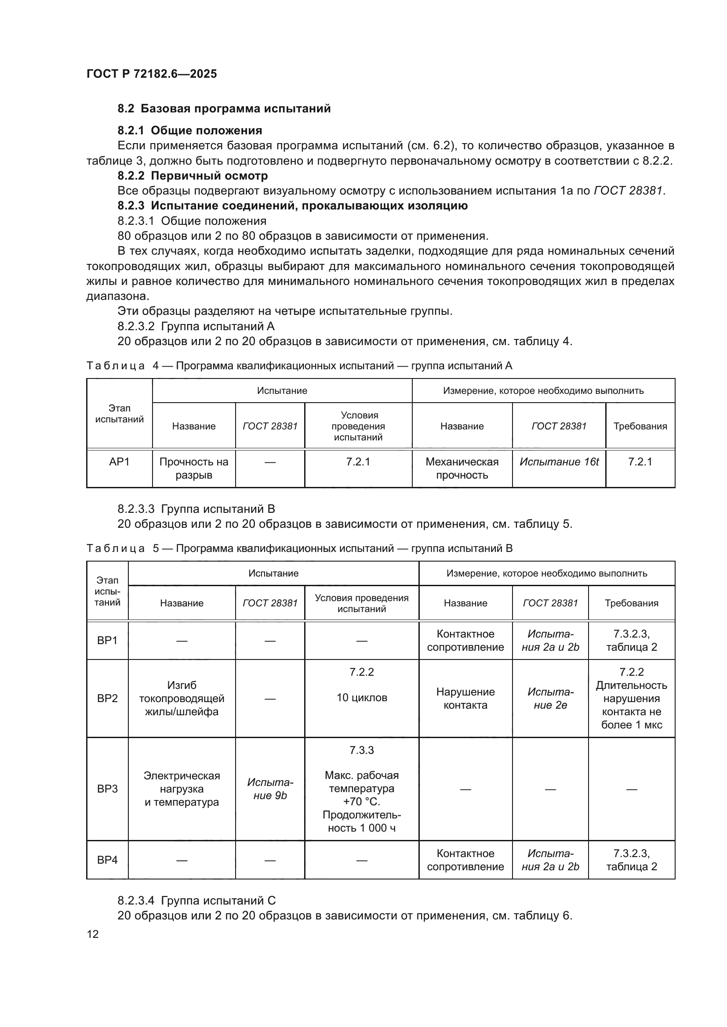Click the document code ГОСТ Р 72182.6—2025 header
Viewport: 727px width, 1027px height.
[x=151, y=74]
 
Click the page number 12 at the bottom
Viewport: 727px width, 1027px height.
[x=93, y=934]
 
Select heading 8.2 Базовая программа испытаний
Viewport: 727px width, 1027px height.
[x=224, y=109]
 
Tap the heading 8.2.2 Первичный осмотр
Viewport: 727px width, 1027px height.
[x=193, y=176]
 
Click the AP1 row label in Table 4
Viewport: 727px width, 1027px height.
[x=119, y=461]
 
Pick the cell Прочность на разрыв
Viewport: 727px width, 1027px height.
[x=193, y=468]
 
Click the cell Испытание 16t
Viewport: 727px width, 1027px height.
[x=559, y=461]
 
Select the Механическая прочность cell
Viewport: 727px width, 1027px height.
[x=462, y=468]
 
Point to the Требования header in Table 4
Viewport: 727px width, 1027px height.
[x=640, y=426]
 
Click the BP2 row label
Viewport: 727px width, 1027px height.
[x=107, y=698]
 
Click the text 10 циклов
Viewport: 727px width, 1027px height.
[x=361, y=698]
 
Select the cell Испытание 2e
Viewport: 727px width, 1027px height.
[x=550, y=698]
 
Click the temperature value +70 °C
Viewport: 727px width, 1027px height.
[x=361, y=801]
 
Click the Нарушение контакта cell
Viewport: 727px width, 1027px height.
[x=465, y=698]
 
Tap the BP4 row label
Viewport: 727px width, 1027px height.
[x=107, y=860]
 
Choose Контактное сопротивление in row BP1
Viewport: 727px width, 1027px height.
[x=465, y=641]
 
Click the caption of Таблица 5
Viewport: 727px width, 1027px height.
[x=299, y=548]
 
